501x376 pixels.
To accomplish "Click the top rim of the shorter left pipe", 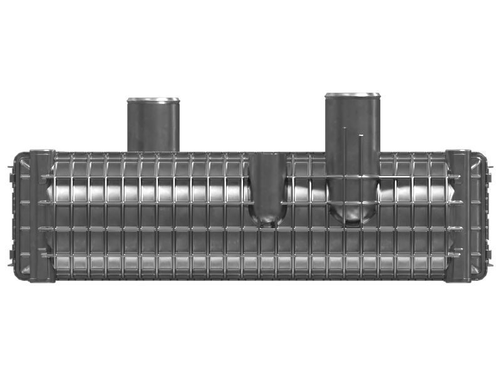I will [153, 100].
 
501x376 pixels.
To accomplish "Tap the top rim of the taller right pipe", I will [352, 95].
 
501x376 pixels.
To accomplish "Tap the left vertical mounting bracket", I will [43, 216].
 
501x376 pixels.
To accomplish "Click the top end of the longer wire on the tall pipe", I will [344, 128].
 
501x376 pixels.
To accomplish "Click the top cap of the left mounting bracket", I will [43, 152].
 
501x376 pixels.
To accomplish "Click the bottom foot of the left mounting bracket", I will [43, 280].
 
